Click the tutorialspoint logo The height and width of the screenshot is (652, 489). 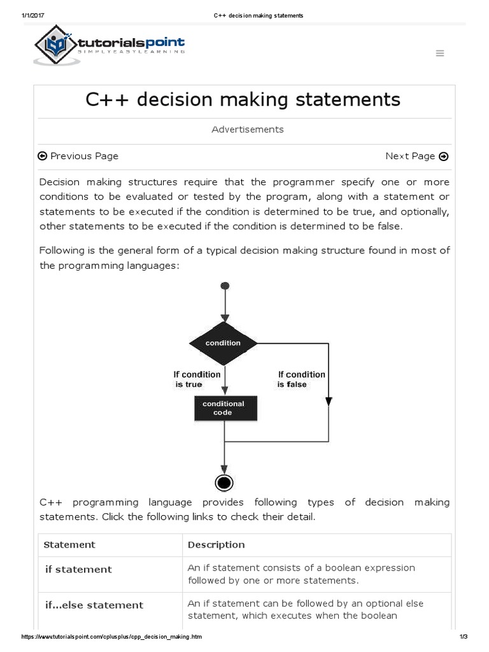[110, 45]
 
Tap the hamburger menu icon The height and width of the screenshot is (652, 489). [439, 53]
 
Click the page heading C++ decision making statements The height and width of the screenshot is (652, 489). [243, 99]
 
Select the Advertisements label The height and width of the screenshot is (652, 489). [248, 129]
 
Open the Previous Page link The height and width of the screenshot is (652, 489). [78, 156]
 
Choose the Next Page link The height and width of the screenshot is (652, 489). [416, 156]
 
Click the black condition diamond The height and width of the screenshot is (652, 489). [223, 343]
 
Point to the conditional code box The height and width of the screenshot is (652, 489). [223, 408]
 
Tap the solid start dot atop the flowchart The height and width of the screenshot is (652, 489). [223, 287]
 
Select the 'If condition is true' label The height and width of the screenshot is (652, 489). [197, 379]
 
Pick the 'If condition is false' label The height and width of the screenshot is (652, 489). [301, 379]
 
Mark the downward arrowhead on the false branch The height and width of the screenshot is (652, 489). [329, 401]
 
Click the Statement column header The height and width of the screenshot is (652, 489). [69, 544]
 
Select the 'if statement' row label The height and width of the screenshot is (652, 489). [78, 569]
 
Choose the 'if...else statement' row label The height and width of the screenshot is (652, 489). [94, 605]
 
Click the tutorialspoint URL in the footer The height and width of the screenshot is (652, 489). [112, 637]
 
